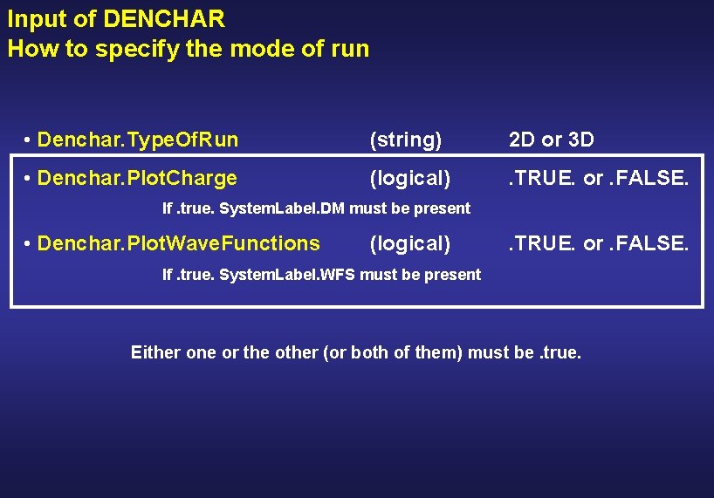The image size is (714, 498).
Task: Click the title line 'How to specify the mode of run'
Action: pyautogui.click(x=189, y=49)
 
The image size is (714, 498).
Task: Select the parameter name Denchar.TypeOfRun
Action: pyautogui.click(x=138, y=140)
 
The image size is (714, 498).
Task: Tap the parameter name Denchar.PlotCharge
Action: pyautogui.click(x=137, y=179)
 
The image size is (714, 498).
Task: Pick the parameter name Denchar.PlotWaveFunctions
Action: pyautogui.click(x=179, y=243)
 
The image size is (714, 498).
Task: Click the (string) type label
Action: pyautogui.click(x=406, y=140)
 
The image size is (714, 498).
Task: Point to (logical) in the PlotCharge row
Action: pyautogui.click(x=410, y=179)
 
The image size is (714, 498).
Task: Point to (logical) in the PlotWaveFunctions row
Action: pyautogui.click(x=410, y=243)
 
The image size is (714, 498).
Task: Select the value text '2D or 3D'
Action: pyautogui.click(x=551, y=140)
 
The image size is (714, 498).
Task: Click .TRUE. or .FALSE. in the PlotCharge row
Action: pyautogui.click(x=599, y=179)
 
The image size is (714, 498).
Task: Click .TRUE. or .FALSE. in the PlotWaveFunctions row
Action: pyautogui.click(x=599, y=243)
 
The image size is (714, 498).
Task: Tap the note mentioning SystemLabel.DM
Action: pyautogui.click(x=317, y=208)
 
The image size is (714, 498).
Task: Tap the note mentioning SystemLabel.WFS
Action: pyautogui.click(x=322, y=275)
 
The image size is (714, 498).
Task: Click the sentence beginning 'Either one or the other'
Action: pyautogui.click(x=355, y=353)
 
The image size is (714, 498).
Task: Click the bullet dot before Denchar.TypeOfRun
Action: pyautogui.click(x=29, y=140)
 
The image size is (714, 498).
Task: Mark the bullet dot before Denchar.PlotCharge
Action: pyautogui.click(x=29, y=180)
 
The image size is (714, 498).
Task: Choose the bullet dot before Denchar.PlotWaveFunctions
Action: pyautogui.click(x=29, y=244)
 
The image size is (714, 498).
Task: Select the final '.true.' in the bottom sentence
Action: pyautogui.click(x=560, y=353)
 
